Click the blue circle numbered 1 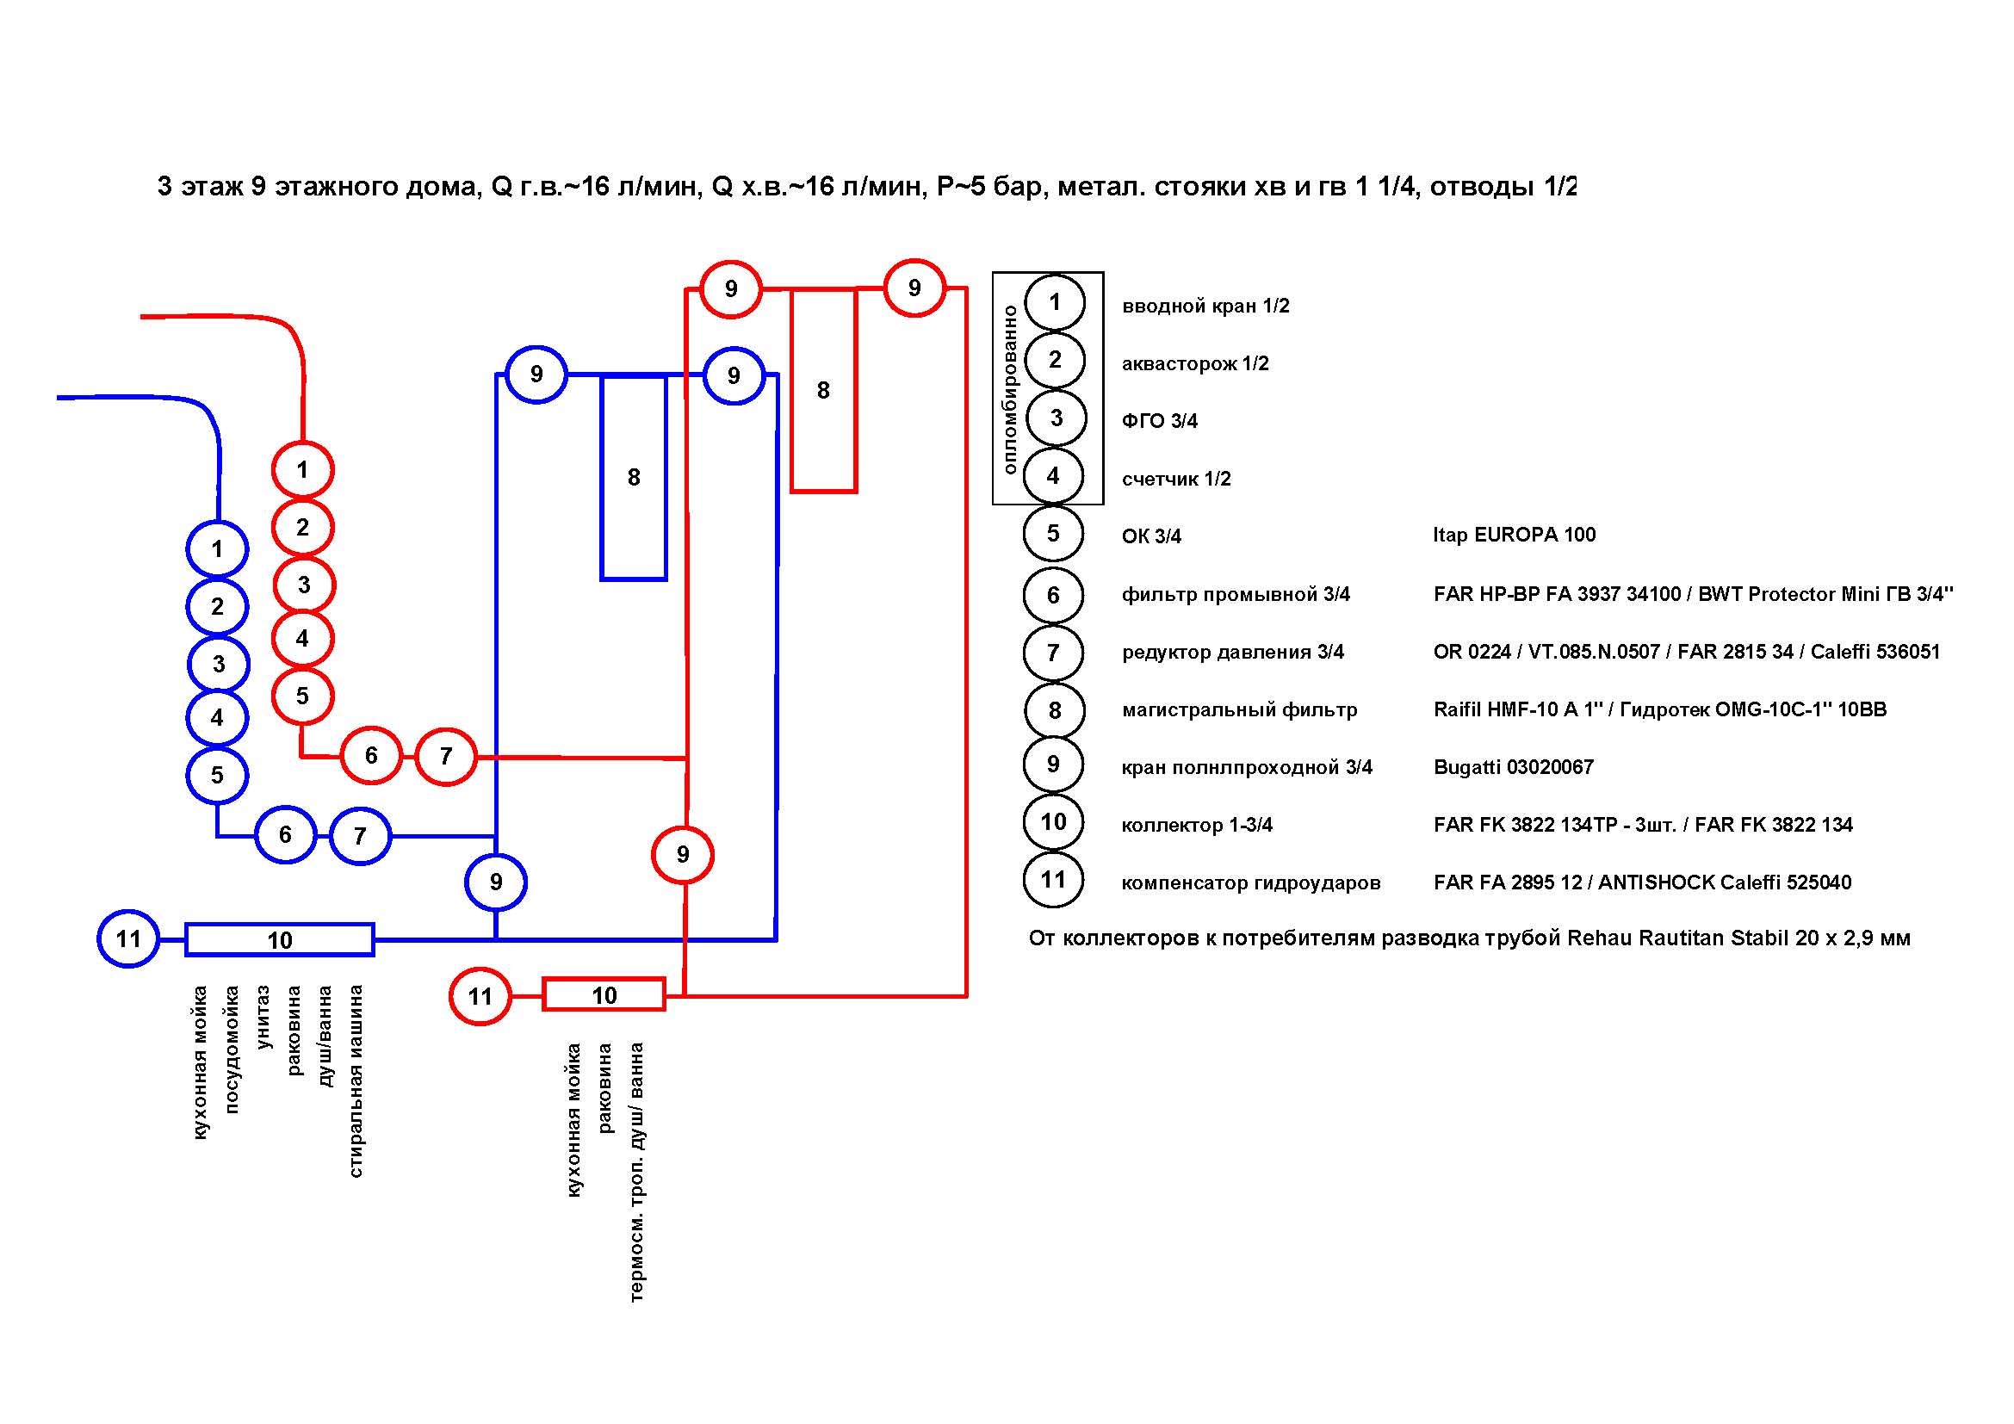click(218, 550)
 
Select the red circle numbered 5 click(302, 697)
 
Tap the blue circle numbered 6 click(285, 835)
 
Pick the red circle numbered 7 click(446, 756)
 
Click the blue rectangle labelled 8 click(634, 478)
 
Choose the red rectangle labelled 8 click(824, 390)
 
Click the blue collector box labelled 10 click(280, 940)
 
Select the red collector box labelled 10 click(604, 995)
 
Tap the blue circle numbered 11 click(128, 939)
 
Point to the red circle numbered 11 click(480, 996)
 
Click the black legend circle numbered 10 click(1053, 822)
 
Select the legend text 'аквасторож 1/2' click(1195, 364)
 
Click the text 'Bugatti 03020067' click(1513, 767)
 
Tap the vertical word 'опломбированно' click(1010, 389)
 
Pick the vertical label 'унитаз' click(263, 1017)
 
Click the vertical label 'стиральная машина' click(356, 1081)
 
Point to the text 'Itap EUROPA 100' click(1514, 535)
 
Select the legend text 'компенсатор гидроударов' click(1251, 883)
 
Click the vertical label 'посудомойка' click(232, 1049)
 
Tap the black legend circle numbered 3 click(1057, 418)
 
